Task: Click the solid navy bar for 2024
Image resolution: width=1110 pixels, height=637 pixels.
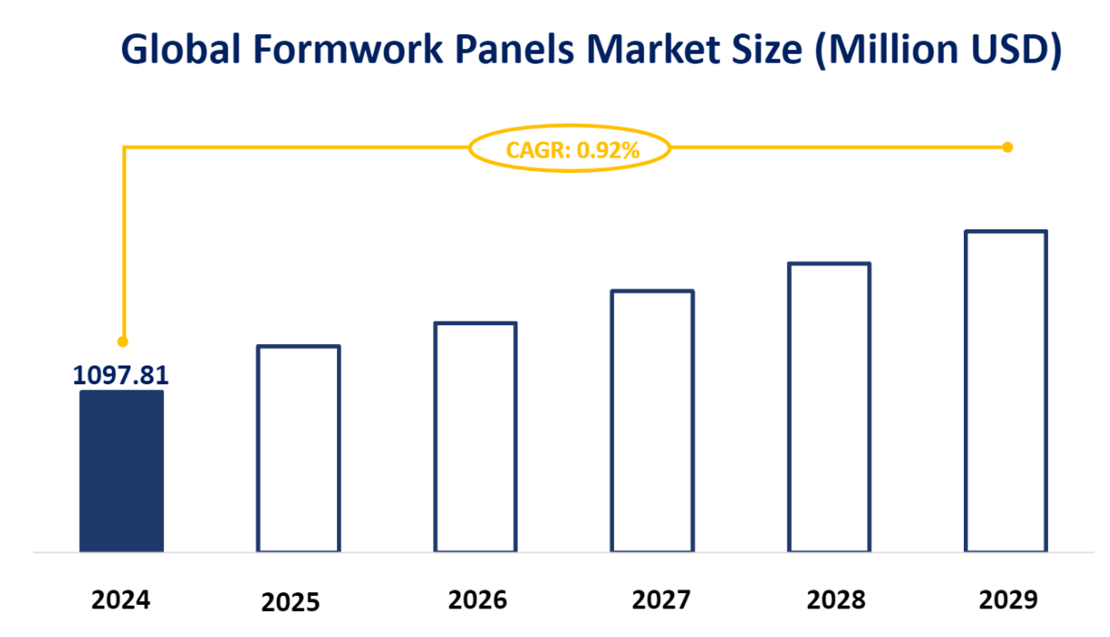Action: tap(122, 471)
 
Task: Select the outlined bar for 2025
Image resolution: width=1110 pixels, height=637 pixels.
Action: tap(299, 448)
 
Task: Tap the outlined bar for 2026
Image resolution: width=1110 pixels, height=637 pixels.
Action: tap(475, 436)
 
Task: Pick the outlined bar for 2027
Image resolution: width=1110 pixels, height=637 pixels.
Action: tap(652, 420)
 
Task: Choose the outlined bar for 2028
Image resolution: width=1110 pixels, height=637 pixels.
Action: tap(829, 407)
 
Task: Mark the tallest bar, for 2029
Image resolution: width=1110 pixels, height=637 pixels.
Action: tap(1006, 391)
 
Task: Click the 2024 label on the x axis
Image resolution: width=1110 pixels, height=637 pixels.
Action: tap(121, 598)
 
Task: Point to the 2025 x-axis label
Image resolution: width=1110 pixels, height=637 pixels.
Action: tap(291, 602)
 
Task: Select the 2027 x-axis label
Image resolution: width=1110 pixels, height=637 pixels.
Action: tap(662, 598)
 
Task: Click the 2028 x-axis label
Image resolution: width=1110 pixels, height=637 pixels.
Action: tap(836, 598)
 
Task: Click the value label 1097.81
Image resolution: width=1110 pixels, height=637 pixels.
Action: tap(121, 374)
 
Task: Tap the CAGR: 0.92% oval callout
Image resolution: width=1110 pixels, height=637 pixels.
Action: tap(571, 150)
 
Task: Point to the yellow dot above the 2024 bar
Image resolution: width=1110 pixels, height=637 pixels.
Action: tap(123, 341)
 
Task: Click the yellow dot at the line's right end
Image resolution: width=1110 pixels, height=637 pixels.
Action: tap(1007, 147)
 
